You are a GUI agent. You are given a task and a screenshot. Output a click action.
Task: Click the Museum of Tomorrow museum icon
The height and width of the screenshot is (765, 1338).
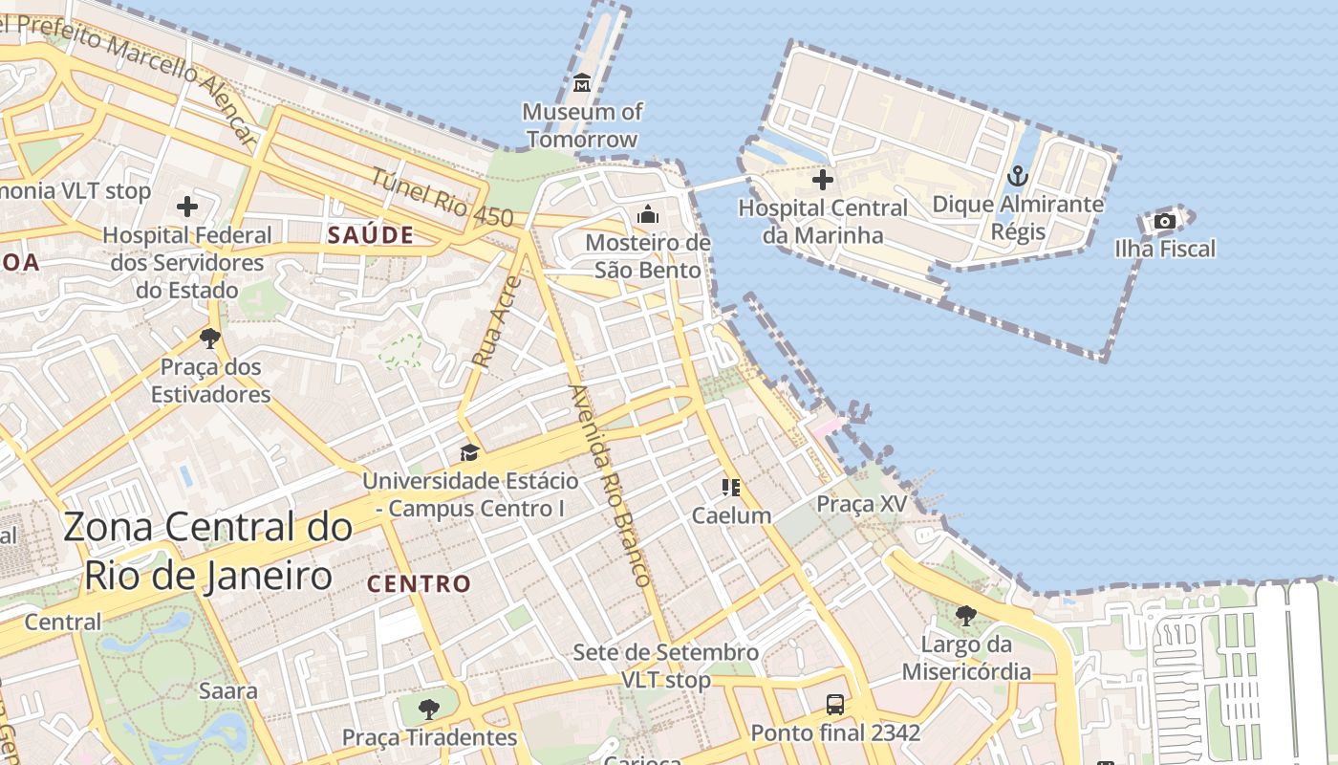click(582, 83)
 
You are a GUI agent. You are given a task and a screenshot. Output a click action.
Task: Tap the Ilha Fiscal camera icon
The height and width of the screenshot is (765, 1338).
click(1164, 222)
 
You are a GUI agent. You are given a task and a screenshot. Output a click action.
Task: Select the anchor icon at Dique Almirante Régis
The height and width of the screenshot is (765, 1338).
click(1017, 176)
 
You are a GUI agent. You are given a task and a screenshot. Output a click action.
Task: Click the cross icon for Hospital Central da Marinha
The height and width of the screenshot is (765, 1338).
click(822, 179)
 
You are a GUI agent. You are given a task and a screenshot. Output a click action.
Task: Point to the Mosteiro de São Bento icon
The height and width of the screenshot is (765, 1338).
click(648, 214)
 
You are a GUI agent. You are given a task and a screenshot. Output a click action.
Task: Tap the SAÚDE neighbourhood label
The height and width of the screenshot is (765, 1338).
click(371, 235)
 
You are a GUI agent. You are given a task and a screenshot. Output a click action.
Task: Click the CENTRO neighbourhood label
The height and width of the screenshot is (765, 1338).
click(420, 583)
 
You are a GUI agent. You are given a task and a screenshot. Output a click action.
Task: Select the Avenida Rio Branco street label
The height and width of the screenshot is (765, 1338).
click(609, 485)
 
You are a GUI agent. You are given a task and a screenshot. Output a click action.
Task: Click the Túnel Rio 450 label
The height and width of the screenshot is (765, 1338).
click(442, 199)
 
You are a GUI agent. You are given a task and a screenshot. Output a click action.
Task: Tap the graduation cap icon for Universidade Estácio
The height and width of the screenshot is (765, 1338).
click(468, 452)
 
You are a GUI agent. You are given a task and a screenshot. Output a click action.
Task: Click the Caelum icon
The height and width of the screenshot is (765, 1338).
click(731, 488)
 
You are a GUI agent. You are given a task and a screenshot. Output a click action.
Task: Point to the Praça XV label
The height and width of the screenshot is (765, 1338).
click(862, 504)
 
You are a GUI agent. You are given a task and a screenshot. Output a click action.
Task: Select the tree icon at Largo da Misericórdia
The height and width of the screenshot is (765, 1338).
click(966, 615)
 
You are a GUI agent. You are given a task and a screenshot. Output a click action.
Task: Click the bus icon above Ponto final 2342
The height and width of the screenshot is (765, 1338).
click(835, 705)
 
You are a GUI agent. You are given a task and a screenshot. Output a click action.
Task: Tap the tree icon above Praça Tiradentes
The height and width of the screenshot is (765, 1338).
click(429, 709)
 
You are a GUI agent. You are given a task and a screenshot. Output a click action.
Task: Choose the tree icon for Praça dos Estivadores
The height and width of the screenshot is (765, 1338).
click(209, 338)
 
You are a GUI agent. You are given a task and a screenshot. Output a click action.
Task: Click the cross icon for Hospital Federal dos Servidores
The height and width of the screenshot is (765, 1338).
click(187, 206)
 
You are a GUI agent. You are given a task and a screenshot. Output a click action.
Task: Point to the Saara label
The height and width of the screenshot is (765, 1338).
click(227, 690)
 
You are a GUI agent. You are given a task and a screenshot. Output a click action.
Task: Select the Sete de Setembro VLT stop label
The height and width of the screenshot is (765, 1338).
click(666, 667)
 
